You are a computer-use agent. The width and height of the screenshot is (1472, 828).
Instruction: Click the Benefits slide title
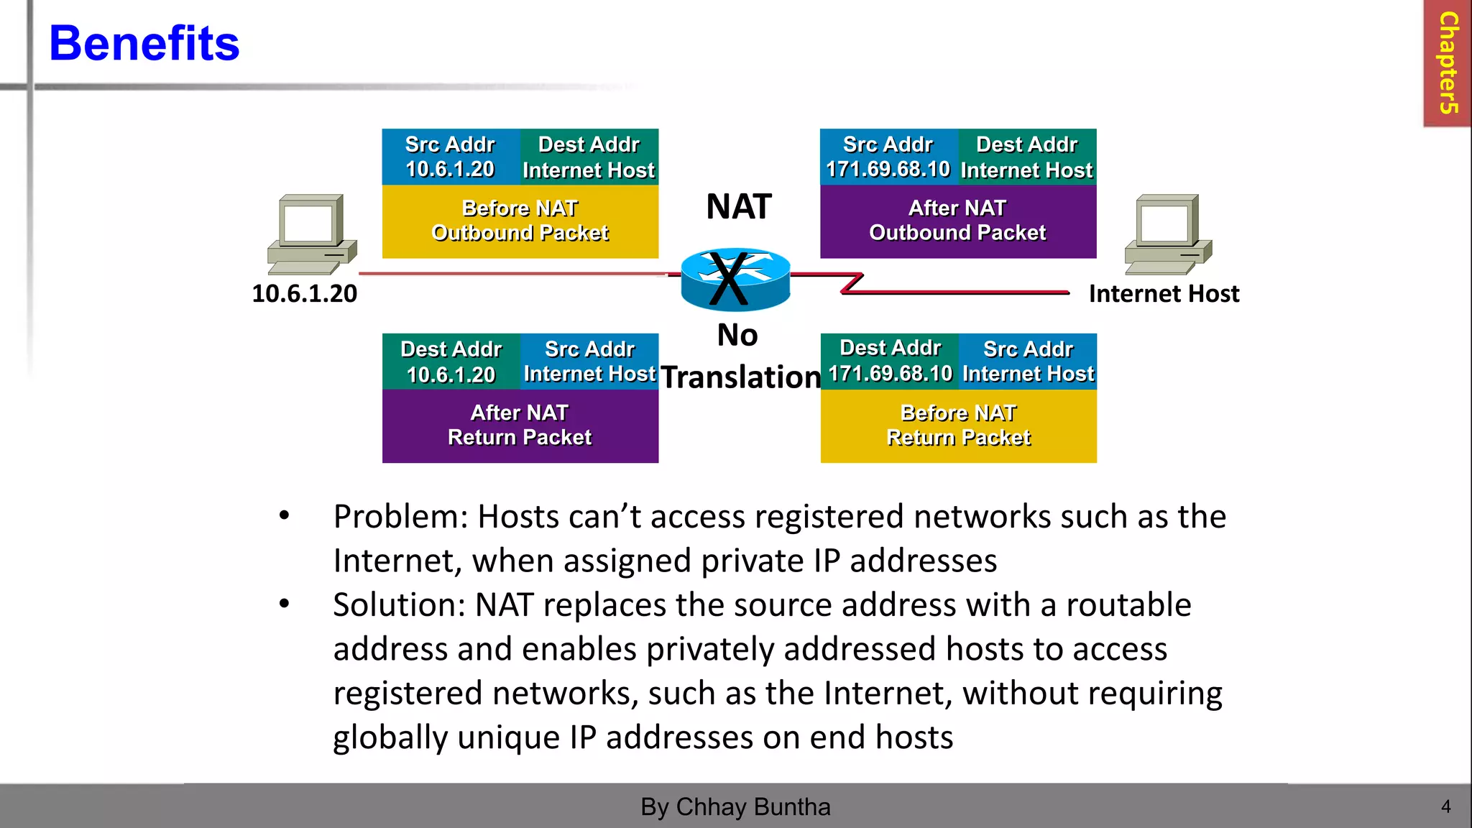144,43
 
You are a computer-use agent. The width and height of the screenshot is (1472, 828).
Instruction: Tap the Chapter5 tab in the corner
1448,63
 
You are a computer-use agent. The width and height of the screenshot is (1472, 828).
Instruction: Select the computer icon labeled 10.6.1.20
311,234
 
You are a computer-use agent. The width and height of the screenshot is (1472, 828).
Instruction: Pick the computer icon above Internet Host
1168,234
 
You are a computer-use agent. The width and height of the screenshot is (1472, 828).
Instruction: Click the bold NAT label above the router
738,207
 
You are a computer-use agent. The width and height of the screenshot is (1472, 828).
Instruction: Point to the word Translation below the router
740,377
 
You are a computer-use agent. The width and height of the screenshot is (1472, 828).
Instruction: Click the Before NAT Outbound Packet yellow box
520,221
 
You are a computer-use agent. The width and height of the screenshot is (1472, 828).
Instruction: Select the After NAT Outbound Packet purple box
957,221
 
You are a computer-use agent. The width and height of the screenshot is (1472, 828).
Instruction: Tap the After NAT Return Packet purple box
520,425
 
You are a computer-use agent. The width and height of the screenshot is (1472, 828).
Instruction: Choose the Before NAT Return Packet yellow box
958,425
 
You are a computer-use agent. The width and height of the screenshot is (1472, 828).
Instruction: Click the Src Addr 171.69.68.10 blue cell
888,157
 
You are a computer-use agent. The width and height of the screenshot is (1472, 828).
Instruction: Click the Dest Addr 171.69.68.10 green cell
890,361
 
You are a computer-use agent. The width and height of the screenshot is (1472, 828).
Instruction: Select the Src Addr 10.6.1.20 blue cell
450,157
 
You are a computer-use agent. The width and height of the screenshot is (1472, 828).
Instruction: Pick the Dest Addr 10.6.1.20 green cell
451,362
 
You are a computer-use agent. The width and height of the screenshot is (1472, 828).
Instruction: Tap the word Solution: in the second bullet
399,605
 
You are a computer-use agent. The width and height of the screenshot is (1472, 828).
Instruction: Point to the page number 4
1445,806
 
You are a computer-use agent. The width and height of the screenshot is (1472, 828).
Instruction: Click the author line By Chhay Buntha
735,806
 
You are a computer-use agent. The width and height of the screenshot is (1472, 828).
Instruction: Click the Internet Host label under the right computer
1164,294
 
